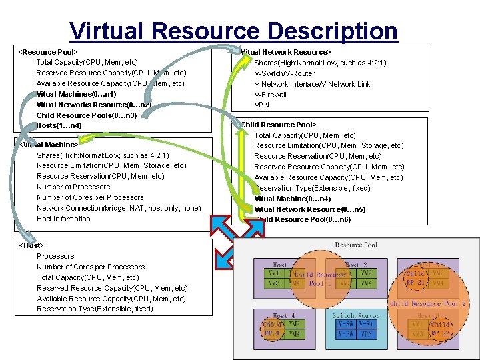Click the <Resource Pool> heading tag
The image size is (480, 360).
pos(48,51)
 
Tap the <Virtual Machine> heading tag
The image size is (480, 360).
pos(49,144)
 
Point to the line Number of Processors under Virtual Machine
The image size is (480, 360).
pos(73,187)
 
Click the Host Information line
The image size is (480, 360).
pos(63,219)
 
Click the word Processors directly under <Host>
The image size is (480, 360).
pos(55,256)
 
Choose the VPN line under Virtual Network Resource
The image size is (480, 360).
pos(261,105)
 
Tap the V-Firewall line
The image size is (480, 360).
pos(270,95)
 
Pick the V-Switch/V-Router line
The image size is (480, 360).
pos(284,73)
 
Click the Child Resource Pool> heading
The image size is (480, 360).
pos(278,125)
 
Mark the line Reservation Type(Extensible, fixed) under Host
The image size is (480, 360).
pos(95,309)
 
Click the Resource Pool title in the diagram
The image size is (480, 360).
pos(356,245)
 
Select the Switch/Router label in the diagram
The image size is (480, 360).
pos(355,315)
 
